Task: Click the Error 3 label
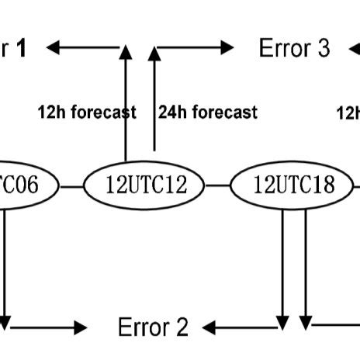click(294, 48)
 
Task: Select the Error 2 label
click(153, 327)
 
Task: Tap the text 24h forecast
click(208, 112)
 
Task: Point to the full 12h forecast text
click(87, 112)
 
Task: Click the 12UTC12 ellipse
click(144, 185)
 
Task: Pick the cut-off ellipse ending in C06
click(23, 185)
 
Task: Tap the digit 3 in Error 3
click(324, 48)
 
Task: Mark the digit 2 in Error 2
click(182, 327)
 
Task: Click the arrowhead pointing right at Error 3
click(227, 48)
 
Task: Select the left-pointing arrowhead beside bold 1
click(54, 48)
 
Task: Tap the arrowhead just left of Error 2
click(81, 327)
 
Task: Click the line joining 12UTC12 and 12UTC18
click(218, 186)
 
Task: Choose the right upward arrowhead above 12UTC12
click(154, 53)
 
